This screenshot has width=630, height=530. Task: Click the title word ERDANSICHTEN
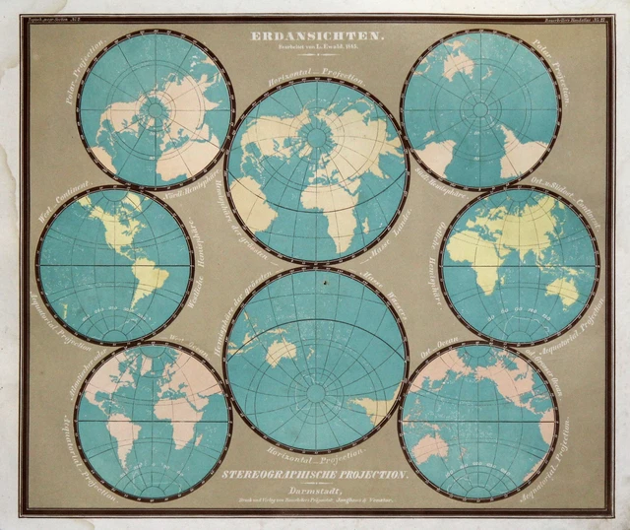pos(315,36)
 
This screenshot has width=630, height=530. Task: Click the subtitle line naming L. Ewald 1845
pos(315,50)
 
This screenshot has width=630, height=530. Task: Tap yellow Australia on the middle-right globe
pos(562,288)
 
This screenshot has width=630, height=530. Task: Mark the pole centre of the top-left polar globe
pos(155,110)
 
